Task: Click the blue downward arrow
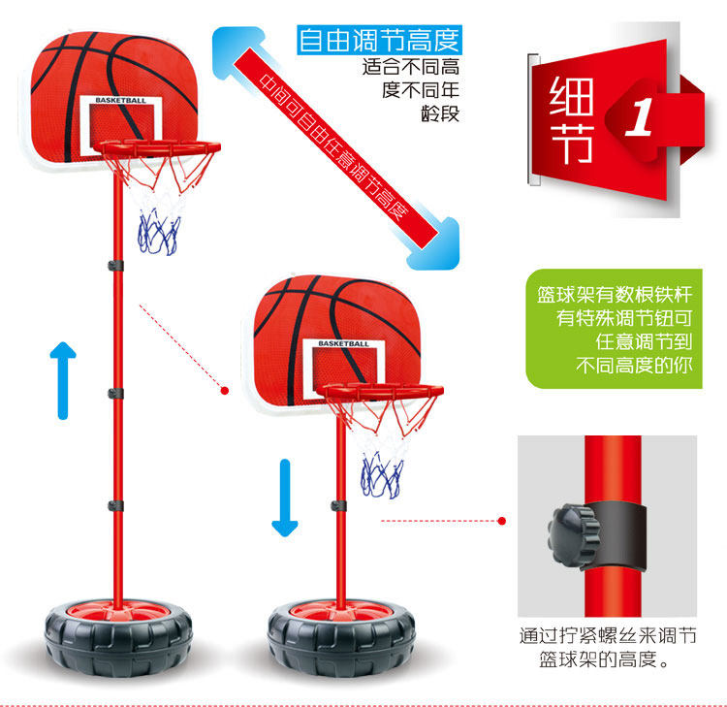(x=284, y=498)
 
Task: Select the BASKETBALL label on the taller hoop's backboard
(x=114, y=100)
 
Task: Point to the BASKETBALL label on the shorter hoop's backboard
(x=343, y=344)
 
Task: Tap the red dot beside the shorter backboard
(x=225, y=391)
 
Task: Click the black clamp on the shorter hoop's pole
(x=339, y=505)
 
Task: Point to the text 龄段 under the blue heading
(x=439, y=112)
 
